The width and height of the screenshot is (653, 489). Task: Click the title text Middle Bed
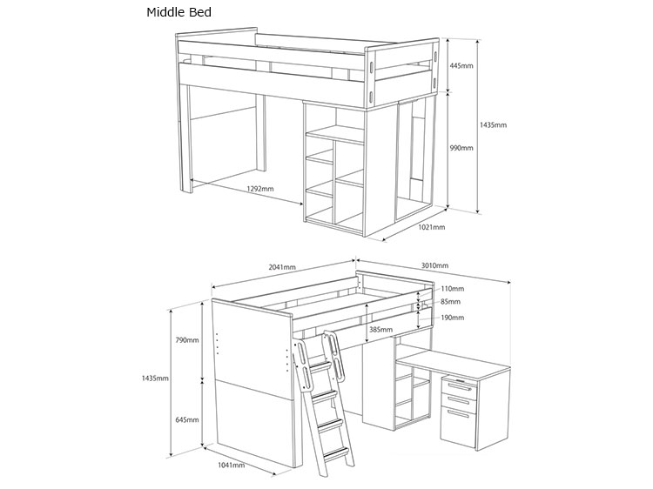point(179,12)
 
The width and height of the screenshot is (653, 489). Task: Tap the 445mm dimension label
point(461,66)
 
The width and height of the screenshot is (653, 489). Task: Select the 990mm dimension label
point(461,148)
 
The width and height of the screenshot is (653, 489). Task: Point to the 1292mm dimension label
point(260,189)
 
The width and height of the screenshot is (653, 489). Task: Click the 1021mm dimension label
point(432,227)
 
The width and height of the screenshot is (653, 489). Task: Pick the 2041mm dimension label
point(282,267)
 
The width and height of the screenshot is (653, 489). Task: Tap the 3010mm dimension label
point(434,265)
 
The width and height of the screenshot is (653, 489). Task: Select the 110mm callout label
point(452,288)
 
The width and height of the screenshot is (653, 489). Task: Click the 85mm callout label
point(451,302)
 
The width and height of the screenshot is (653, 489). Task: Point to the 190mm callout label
point(452,318)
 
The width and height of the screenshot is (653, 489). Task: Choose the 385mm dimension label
point(380,330)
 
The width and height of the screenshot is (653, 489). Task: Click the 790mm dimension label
point(187,340)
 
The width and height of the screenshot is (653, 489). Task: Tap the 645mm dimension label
point(187,420)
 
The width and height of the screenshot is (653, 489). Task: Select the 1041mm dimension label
point(232,465)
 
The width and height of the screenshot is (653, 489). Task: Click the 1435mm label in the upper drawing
point(493,124)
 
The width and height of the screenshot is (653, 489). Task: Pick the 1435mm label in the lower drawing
point(155,378)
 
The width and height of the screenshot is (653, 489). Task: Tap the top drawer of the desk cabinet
point(459,386)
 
